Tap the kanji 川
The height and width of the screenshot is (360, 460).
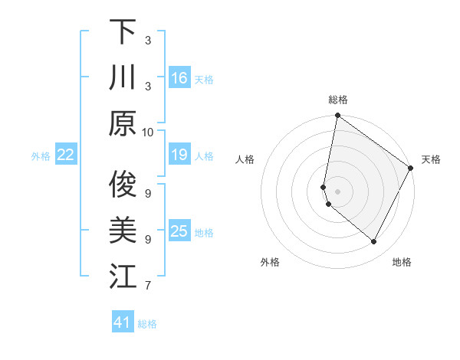123,77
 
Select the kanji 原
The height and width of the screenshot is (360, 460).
123,123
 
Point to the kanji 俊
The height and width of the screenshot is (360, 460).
123,184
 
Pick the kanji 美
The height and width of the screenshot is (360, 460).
123,230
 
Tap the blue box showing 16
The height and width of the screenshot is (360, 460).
179,77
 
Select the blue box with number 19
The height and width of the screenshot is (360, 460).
179,155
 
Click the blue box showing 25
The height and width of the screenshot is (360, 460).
179,231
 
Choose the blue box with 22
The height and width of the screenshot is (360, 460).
66,155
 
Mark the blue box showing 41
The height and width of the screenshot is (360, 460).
123,322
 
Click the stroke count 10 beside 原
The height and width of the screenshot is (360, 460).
148,132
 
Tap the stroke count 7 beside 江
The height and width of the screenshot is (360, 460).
148,286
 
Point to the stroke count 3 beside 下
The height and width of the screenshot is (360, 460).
148,40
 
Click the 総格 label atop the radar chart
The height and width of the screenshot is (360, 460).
338,100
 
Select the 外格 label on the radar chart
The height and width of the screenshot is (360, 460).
270,262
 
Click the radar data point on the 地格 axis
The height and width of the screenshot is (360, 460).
374,242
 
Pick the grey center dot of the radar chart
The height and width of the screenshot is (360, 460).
338,191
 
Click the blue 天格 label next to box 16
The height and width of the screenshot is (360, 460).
204,80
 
